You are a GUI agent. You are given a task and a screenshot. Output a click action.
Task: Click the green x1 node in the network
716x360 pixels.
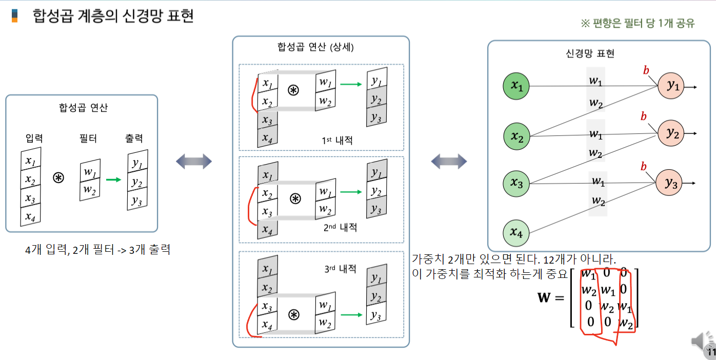click(x=516, y=87)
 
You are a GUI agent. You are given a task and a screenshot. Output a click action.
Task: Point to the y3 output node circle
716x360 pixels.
click(x=669, y=183)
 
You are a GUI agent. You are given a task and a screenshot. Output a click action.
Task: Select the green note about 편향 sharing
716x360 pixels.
click(x=638, y=24)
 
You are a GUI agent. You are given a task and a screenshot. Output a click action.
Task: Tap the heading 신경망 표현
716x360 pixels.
click(x=590, y=53)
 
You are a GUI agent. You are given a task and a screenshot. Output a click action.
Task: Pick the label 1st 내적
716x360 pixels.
click(x=338, y=140)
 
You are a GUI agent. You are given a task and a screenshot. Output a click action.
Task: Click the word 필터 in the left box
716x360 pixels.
click(x=88, y=138)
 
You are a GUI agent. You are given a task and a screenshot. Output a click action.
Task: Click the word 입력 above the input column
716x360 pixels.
click(x=34, y=138)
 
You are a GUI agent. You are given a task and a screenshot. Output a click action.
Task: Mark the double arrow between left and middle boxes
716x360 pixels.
click(x=194, y=162)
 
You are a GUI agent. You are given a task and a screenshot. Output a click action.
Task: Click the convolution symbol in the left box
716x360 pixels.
click(x=59, y=178)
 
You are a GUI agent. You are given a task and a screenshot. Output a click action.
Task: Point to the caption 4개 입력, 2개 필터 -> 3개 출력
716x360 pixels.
click(x=97, y=250)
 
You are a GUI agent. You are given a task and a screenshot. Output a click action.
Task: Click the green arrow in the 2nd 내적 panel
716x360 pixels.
click(x=350, y=192)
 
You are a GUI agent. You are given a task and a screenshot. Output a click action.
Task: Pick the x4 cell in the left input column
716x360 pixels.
click(x=30, y=215)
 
